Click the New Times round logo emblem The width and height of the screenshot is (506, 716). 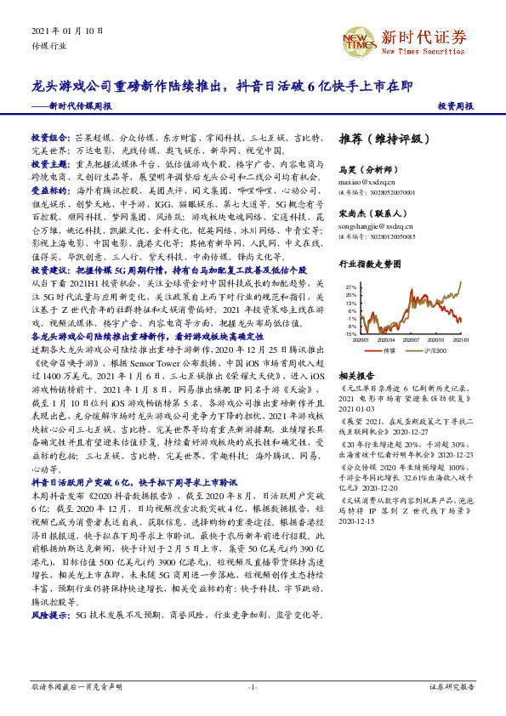[x=357, y=37]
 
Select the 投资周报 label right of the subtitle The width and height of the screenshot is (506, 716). [x=456, y=106]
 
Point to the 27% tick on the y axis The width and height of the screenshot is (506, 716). [x=350, y=288]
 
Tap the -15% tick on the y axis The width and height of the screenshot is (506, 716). [x=350, y=334]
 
